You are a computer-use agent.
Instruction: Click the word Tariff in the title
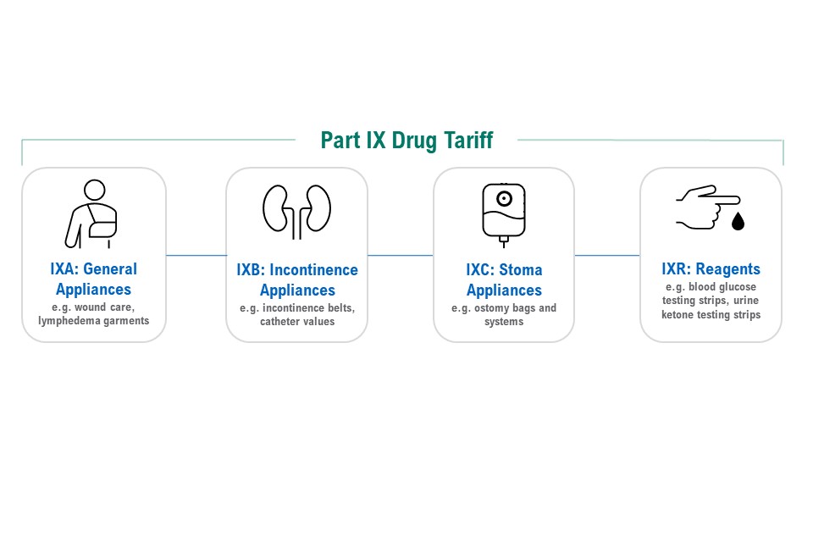tap(467, 140)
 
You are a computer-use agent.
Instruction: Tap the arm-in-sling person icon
tap(91, 214)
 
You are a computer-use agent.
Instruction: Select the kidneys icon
tap(296, 212)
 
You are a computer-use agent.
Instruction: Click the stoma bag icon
tap(503, 213)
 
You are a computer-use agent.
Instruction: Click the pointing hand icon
tap(708, 207)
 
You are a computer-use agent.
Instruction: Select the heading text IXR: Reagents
tap(711, 268)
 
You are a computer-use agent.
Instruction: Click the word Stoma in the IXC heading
tap(521, 269)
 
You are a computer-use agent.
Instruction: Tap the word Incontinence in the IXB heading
tap(313, 269)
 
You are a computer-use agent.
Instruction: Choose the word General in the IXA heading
tap(110, 268)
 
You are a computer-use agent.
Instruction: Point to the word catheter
tap(280, 322)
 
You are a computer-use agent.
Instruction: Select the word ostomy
tap(491, 308)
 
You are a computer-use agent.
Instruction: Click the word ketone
tap(677, 314)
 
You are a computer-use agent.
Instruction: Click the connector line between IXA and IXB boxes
tap(196, 255)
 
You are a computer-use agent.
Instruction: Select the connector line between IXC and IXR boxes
tap(607, 255)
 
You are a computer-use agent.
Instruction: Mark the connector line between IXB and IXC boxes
tap(401, 255)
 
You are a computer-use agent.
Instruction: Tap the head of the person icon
tap(94, 190)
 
